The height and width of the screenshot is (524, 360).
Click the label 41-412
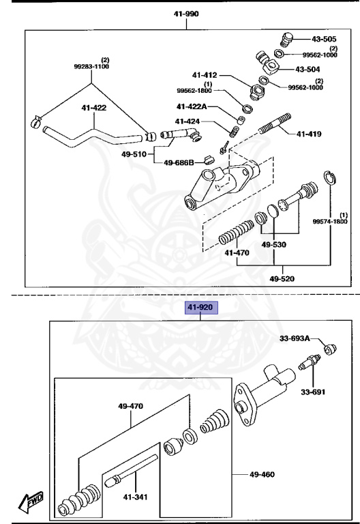[204, 75]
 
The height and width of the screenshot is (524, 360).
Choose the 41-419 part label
[308, 134]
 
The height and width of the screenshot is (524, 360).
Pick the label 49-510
[134, 154]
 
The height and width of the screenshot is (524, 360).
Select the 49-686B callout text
[179, 162]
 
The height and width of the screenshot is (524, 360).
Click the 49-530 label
[274, 244]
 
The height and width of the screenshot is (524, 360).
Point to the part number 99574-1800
[330, 221]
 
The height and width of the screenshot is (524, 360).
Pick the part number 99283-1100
[91, 67]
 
